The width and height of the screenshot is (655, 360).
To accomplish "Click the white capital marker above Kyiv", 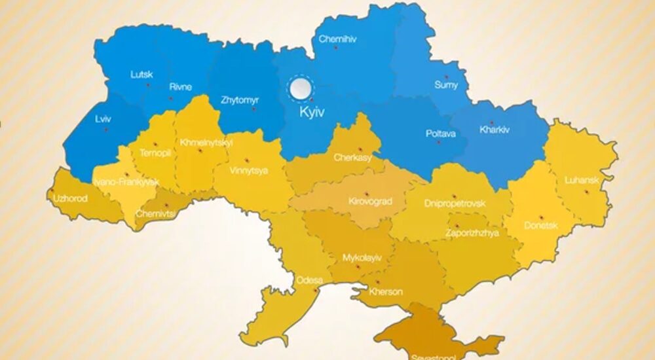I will click(x=301, y=88).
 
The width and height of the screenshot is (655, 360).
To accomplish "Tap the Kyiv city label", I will click(x=312, y=113).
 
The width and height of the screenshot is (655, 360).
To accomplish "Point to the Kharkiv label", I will click(x=494, y=129).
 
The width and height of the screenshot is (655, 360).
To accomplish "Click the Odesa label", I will click(x=309, y=280).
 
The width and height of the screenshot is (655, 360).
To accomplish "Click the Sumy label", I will click(x=446, y=85).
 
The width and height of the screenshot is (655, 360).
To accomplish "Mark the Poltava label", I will click(x=440, y=134).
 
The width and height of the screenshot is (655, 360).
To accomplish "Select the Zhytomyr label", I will click(x=240, y=100).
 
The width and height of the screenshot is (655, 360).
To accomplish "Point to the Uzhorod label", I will click(x=70, y=198).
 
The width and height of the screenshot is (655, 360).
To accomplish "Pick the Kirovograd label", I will click(x=370, y=202).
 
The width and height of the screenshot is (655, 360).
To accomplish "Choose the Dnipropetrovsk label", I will click(x=455, y=204).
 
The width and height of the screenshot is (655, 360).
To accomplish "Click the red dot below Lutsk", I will click(x=148, y=85).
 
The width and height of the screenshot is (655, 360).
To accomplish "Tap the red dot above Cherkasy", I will click(x=360, y=149).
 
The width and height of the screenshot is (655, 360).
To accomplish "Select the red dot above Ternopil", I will click(x=155, y=144).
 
